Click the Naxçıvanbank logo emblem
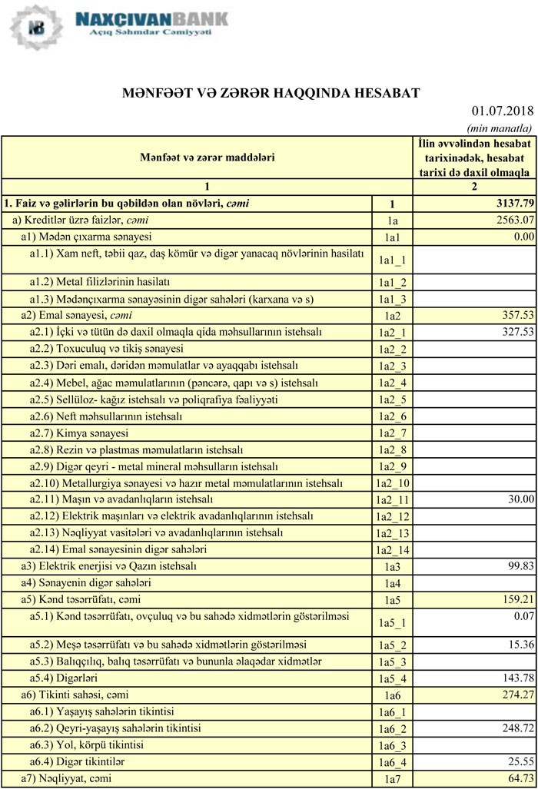[x=36, y=28]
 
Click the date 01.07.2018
[x=503, y=112]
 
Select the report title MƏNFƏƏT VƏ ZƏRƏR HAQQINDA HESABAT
[x=271, y=93]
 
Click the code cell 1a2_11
[x=392, y=500]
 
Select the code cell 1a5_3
[x=392, y=662]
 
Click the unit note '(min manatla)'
[x=500, y=128]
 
